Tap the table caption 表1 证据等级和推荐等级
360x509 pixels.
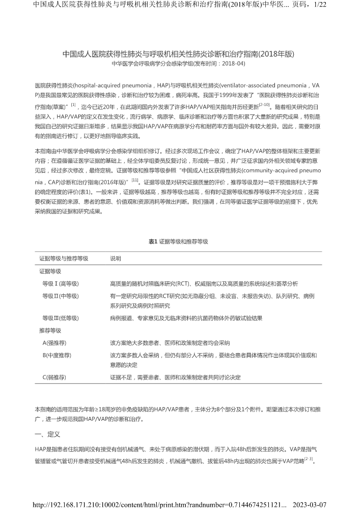tap(178, 241)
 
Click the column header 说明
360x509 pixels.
tap(116, 258)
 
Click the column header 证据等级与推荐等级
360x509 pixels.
tap(64, 258)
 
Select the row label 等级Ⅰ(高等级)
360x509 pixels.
tap(64, 283)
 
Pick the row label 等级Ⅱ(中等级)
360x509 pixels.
tap(64, 296)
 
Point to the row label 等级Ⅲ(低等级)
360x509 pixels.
tap(64, 318)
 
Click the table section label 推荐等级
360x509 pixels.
tap(50, 330)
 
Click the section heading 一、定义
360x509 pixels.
tap(47, 435)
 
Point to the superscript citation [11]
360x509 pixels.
tap(135, 180)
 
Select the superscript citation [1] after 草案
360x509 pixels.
tap(73, 104)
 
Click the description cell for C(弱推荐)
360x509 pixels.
tap(175, 377)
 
